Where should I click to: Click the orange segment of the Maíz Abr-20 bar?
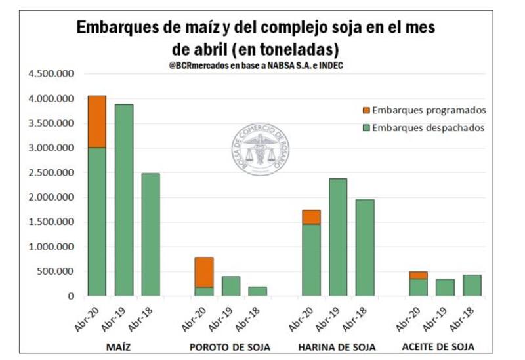pyautogui.click(x=97, y=121)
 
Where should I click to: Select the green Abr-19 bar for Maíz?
pyautogui.click(x=123, y=200)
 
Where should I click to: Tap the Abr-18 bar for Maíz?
pyautogui.click(x=150, y=235)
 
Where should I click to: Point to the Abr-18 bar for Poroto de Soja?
pyautogui.click(x=257, y=291)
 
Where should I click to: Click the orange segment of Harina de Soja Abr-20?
pyautogui.click(x=310, y=217)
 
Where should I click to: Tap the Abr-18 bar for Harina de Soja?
pyautogui.click(x=364, y=248)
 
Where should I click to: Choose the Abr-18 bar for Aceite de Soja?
pyautogui.click(x=471, y=285)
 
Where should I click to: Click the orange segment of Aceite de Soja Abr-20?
pyautogui.click(x=417, y=275)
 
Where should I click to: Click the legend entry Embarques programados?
pyautogui.click(x=423, y=110)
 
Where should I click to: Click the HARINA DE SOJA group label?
pyautogui.click(x=337, y=346)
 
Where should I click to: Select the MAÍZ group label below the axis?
pyautogui.click(x=123, y=346)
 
